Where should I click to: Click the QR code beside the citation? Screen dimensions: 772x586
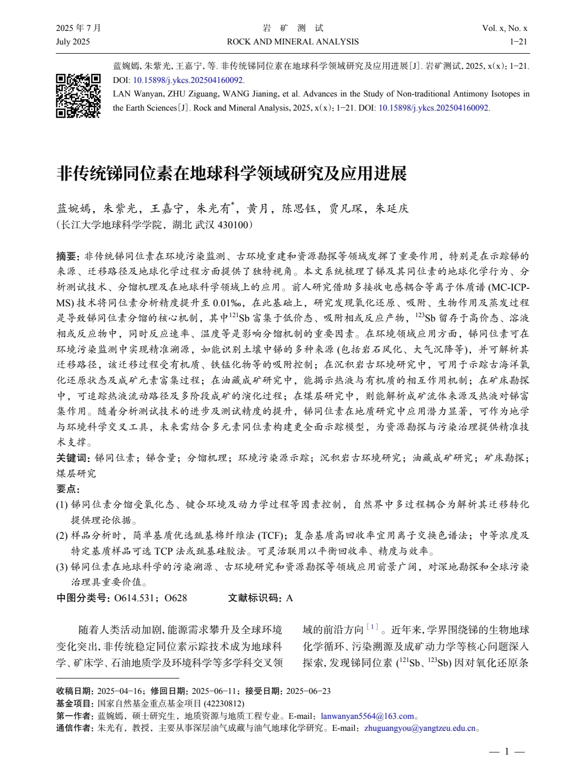(x=79, y=95)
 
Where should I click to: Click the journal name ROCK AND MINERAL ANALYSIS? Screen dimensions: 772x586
(x=293, y=42)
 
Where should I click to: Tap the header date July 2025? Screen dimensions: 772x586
(x=73, y=42)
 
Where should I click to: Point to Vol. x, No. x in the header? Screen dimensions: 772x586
(x=504, y=28)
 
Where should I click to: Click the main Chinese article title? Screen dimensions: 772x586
(x=232, y=173)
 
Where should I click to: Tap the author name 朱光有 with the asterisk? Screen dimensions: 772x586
(x=215, y=209)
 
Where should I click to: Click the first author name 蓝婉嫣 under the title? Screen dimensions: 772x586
(x=74, y=209)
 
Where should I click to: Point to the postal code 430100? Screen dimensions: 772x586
(x=233, y=224)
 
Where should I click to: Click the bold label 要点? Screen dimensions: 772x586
(x=67, y=489)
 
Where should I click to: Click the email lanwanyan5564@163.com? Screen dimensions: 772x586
(x=367, y=716)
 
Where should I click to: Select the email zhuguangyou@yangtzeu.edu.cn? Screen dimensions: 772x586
(x=420, y=728)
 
